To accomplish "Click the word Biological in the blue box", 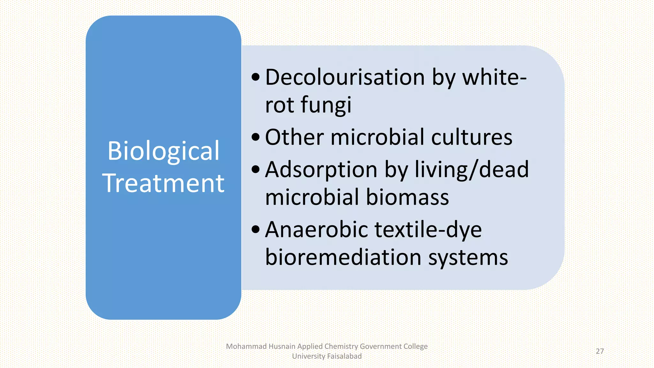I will pyautogui.click(x=163, y=151).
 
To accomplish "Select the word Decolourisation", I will pyautogui.click(x=345, y=77).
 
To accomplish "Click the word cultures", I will pyautogui.click(x=472, y=137).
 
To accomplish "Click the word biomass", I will pyautogui.click(x=407, y=197).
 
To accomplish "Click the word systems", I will pyautogui.click(x=468, y=257).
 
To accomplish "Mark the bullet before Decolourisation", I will pyautogui.click(x=256, y=77).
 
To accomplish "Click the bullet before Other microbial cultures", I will pyautogui.click(x=256, y=137).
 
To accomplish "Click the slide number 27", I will pyautogui.click(x=600, y=351).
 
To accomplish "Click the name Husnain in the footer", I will pyautogui.click(x=282, y=346).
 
